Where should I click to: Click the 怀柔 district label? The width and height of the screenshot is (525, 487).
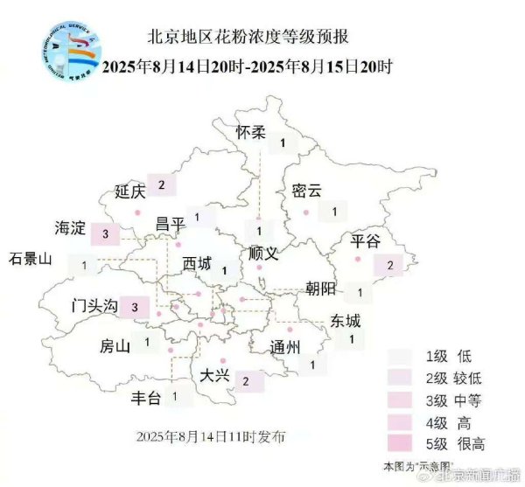coord(251,133)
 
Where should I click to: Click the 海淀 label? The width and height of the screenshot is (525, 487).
coord(70,230)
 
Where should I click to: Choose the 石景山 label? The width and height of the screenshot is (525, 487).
coord(31,259)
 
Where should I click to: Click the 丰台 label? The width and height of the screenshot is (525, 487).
coord(146,399)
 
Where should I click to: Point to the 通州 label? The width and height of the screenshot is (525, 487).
coord(285,346)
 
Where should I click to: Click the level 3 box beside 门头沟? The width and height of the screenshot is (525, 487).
coord(135,307)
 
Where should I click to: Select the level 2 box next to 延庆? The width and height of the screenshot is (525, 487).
coord(163,185)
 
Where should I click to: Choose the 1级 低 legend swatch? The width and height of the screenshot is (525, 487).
coord(402,356)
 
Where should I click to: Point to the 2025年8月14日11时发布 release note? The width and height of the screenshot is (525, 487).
coord(210,435)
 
